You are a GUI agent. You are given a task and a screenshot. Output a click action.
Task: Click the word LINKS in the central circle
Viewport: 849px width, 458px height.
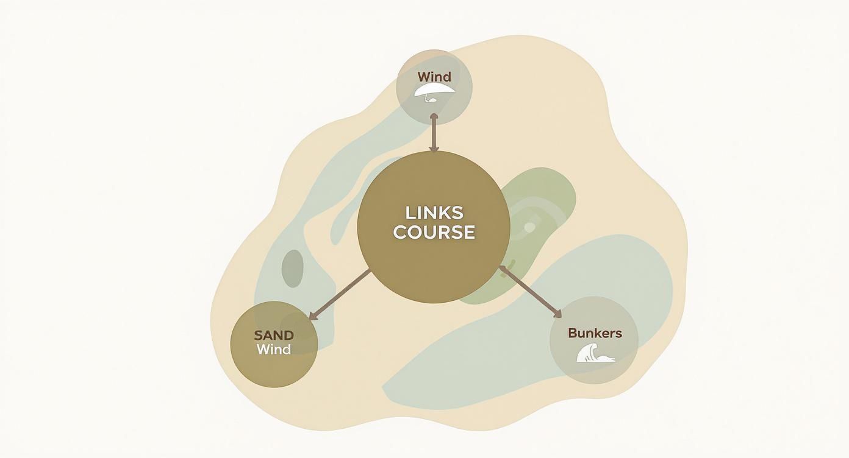tap(434, 213)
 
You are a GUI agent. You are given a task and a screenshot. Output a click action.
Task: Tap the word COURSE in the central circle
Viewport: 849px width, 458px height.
tap(434, 232)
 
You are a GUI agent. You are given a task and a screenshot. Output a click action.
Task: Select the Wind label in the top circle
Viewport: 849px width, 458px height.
tap(434, 77)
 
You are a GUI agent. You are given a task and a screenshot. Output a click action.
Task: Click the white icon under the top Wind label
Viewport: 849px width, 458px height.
tap(434, 91)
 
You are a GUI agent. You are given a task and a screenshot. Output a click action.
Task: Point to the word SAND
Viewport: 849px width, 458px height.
tap(274, 335)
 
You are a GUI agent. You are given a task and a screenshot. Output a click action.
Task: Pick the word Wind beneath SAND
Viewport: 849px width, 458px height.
tap(274, 350)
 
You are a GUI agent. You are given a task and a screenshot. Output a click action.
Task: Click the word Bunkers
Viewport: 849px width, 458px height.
tap(595, 333)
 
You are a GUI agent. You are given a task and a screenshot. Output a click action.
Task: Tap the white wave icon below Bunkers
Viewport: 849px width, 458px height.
tap(596, 353)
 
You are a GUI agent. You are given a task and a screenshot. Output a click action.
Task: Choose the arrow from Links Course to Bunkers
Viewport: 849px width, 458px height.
tap(531, 292)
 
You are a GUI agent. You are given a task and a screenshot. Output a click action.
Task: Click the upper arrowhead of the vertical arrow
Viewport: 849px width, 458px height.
tap(434, 117)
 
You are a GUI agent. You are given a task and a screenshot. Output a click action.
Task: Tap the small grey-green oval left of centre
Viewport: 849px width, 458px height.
tap(293, 268)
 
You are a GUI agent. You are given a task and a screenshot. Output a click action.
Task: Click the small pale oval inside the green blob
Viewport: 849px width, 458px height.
tap(529, 227)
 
